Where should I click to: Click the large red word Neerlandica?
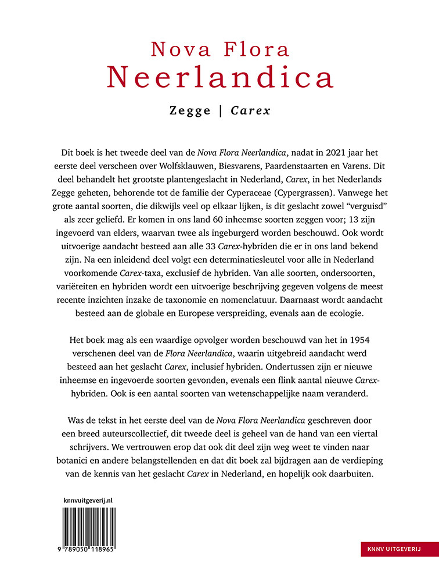219,77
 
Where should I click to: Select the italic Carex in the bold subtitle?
251,110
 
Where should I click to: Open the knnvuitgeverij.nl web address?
87,499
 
